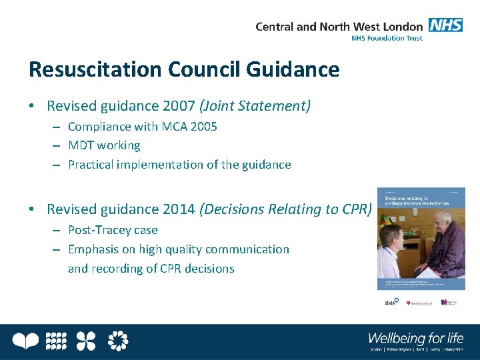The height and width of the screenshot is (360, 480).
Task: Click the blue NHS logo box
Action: pyautogui.click(x=445, y=25)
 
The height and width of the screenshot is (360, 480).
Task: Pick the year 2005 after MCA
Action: pyautogui.click(x=203, y=127)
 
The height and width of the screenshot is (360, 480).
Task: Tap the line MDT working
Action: pyautogui.click(x=104, y=145)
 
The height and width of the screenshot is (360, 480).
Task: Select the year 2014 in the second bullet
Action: pyautogui.click(x=179, y=209)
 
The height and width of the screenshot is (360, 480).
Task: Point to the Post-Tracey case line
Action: pyautogui.click(x=113, y=231)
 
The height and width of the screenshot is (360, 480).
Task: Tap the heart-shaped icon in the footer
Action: pyautogui.click(x=26, y=341)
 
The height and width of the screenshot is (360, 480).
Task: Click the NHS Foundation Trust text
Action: pyautogui.click(x=387, y=39)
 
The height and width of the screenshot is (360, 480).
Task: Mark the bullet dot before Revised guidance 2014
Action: pyautogui.click(x=32, y=209)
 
